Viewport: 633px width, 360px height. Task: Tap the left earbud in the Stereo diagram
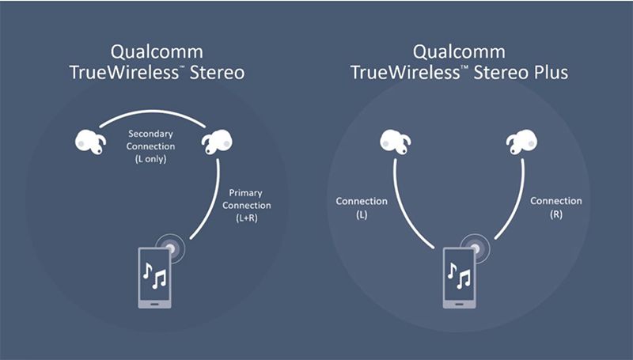90,142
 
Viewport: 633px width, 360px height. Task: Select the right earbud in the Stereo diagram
217,142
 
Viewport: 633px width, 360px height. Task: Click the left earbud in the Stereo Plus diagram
395,142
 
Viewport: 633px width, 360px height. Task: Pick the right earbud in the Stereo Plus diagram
522,142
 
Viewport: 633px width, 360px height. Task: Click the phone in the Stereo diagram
154,278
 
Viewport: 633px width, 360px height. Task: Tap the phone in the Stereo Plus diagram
460,278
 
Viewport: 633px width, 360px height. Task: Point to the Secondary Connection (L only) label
150,146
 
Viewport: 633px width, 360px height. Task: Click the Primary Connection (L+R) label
246,206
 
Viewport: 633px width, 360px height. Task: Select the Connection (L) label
362,207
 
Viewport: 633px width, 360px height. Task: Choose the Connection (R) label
556,207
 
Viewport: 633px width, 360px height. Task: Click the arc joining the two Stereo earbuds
153,111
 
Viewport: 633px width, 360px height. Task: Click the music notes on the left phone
154,275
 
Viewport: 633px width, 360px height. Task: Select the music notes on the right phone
460,275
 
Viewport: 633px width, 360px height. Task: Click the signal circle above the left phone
171,248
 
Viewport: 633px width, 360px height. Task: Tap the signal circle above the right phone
476,248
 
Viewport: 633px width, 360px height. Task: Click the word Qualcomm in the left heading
157,52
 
